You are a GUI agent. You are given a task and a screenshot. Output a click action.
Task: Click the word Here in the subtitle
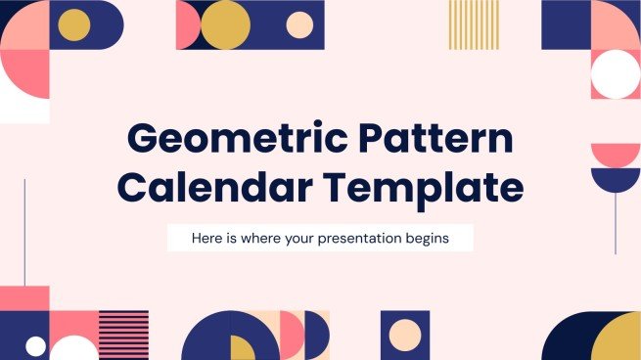pos(208,239)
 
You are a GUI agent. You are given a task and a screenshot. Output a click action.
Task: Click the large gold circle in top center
pos(225,25)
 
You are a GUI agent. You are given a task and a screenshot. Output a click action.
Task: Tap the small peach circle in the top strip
pos(300,25)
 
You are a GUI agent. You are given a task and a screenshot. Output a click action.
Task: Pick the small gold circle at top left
pos(74,24)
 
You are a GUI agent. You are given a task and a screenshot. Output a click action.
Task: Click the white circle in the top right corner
pos(617,74)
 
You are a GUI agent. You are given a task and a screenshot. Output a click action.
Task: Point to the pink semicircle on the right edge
pos(616,154)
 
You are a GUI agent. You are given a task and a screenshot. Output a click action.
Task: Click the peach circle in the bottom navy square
pos(404,336)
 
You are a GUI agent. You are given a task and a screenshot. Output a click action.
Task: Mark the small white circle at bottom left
pos(35,345)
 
